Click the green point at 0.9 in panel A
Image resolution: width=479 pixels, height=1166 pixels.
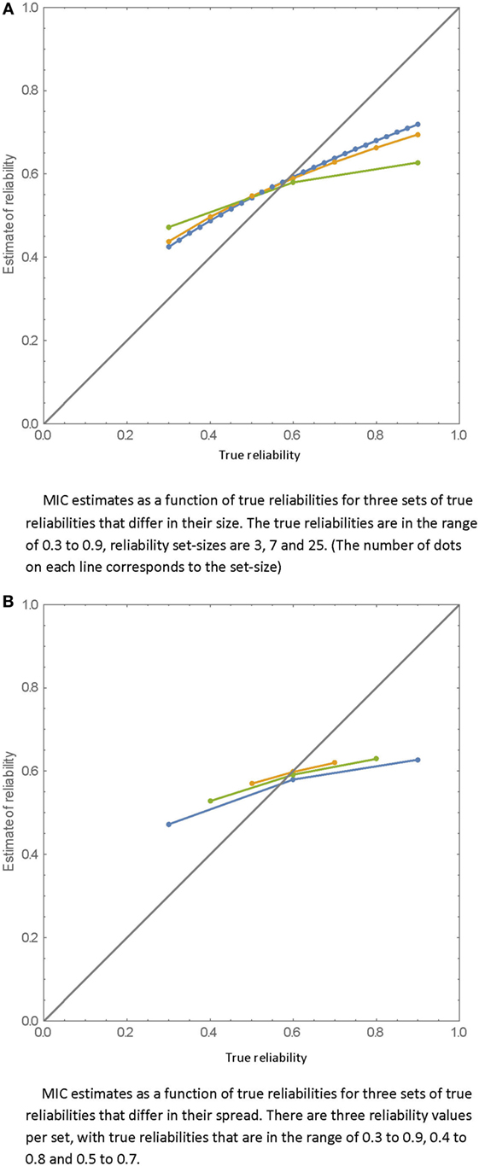point(418,162)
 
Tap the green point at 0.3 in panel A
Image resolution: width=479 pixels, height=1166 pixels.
point(168,227)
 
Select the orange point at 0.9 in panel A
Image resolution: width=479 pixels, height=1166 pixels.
point(418,135)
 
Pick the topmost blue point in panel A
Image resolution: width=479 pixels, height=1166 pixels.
point(418,124)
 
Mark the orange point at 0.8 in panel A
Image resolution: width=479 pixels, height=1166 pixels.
point(376,148)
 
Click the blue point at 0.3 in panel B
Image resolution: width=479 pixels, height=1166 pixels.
point(168,824)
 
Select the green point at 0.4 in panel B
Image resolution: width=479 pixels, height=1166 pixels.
point(210,801)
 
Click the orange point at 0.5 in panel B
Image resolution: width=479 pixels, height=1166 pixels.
point(252,784)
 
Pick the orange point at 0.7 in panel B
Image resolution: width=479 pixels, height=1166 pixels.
point(335,762)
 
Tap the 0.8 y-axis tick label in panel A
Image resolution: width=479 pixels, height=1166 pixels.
point(28,90)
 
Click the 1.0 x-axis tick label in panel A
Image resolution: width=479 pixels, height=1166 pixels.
point(459,434)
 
